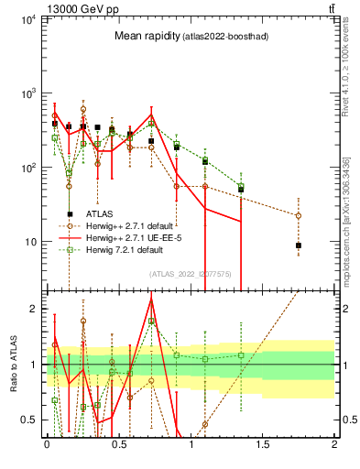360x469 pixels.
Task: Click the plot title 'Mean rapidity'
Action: tap(143, 36)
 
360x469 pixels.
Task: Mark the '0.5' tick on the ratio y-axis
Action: tap(34, 420)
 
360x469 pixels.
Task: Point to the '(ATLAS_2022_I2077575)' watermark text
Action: tap(190, 273)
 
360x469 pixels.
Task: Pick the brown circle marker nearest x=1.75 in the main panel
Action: tap(299, 216)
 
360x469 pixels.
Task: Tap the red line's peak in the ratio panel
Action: tap(151, 300)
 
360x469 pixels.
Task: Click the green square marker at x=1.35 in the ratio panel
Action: tap(241, 355)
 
